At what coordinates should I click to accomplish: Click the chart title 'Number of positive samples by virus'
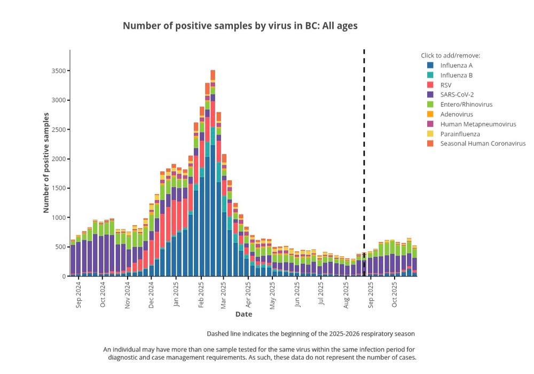point(240,26)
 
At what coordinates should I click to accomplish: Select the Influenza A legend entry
point(456,65)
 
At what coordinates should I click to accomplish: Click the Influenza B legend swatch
point(430,75)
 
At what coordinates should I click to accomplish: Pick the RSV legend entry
point(445,85)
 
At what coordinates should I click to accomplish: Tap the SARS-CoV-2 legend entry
point(457,94)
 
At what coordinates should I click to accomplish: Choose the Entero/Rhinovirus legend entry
point(466,105)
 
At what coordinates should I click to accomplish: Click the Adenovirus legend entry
point(456,114)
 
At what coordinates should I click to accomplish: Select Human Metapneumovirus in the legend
point(478,124)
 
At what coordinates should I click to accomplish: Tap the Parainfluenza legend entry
point(460,134)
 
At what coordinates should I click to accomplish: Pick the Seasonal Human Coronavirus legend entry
point(483,144)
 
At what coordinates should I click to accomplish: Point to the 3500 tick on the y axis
point(59,71)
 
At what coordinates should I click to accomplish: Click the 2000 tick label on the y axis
point(59,159)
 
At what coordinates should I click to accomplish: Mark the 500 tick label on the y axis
point(60,247)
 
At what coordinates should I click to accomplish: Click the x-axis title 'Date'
point(244,314)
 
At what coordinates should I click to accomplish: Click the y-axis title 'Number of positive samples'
point(46,163)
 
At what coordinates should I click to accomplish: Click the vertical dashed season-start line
point(364,160)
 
